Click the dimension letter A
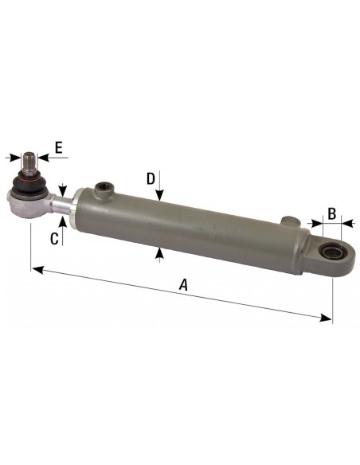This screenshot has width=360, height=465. pyautogui.click(x=184, y=284)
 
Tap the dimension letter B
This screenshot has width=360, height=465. pyautogui.click(x=333, y=213)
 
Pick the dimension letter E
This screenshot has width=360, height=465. pyautogui.click(x=58, y=147)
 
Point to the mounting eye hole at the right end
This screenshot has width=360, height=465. pyautogui.click(x=329, y=254)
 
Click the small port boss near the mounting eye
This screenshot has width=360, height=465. pyautogui.click(x=291, y=220)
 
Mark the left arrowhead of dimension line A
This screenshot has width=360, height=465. pyautogui.click(x=36, y=269)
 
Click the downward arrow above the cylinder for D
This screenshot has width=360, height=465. pyautogui.click(x=160, y=197)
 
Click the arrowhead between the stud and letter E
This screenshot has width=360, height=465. pyautogui.click(x=43, y=158)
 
